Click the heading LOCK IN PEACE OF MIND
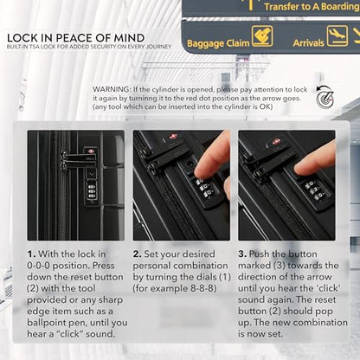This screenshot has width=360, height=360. [x=76, y=38]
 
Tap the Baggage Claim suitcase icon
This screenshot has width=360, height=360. [x=262, y=36]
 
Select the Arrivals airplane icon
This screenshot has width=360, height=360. [x=337, y=35]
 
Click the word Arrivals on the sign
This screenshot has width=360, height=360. [x=308, y=43]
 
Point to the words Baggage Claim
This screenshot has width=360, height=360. [x=218, y=43]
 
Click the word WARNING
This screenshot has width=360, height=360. [x=112, y=89]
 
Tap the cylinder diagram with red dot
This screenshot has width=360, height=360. [x=325, y=96]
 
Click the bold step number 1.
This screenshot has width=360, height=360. [x=31, y=254]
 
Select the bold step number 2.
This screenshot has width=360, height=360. [x=137, y=254]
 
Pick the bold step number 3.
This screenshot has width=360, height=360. [x=242, y=254]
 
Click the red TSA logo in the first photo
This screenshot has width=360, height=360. [x=91, y=151]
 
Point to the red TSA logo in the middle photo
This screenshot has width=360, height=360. [x=174, y=136]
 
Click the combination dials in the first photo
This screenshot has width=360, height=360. [x=92, y=190]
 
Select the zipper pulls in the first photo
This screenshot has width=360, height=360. [x=63, y=160]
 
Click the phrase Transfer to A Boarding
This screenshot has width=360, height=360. [x=312, y=7]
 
